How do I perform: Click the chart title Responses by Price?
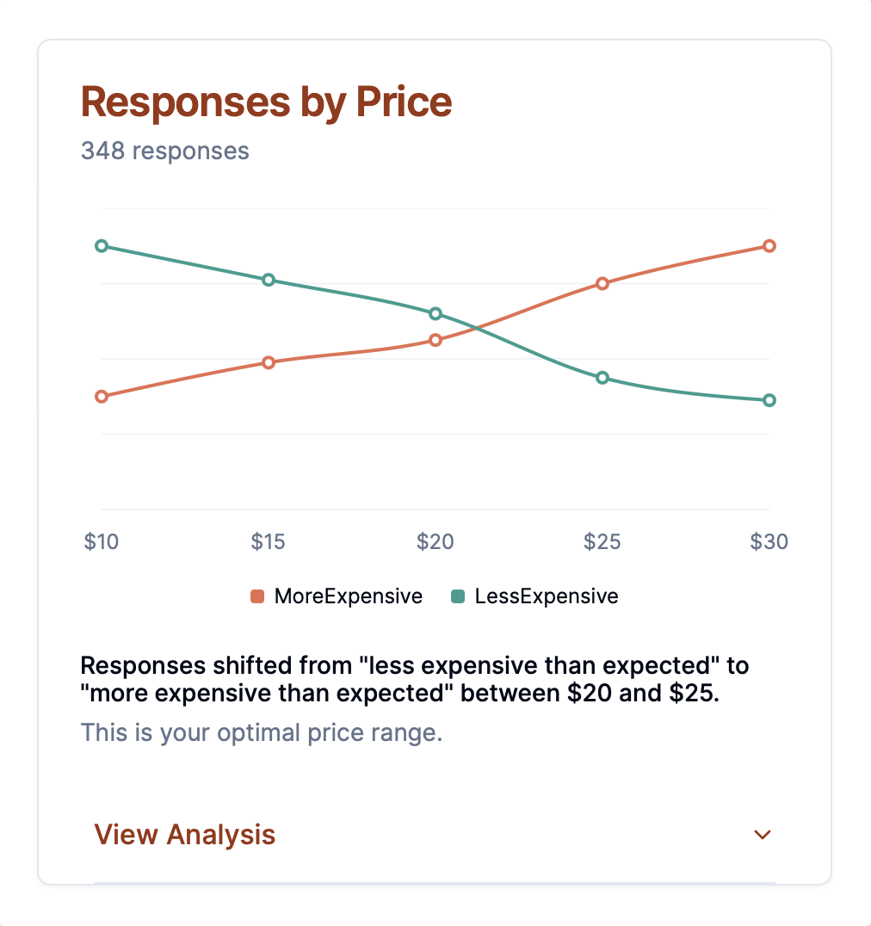266,102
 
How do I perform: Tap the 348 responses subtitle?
164,151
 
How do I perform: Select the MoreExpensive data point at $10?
102,397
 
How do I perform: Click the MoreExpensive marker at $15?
269,362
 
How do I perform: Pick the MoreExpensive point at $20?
435,340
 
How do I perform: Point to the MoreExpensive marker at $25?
602,283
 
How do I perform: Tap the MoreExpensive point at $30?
769,246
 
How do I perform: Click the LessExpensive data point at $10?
102,246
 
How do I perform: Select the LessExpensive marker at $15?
269,280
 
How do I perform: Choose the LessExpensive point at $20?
435,313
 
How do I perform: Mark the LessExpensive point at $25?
602,378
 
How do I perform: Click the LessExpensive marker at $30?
769,400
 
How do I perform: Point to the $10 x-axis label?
102,541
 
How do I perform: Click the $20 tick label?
435,541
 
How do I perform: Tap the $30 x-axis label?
769,541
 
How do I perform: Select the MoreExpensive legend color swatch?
256,596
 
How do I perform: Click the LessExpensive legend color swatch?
458,596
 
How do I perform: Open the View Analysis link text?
184,835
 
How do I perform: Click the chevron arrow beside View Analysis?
762,835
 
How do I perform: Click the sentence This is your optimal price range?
261,733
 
